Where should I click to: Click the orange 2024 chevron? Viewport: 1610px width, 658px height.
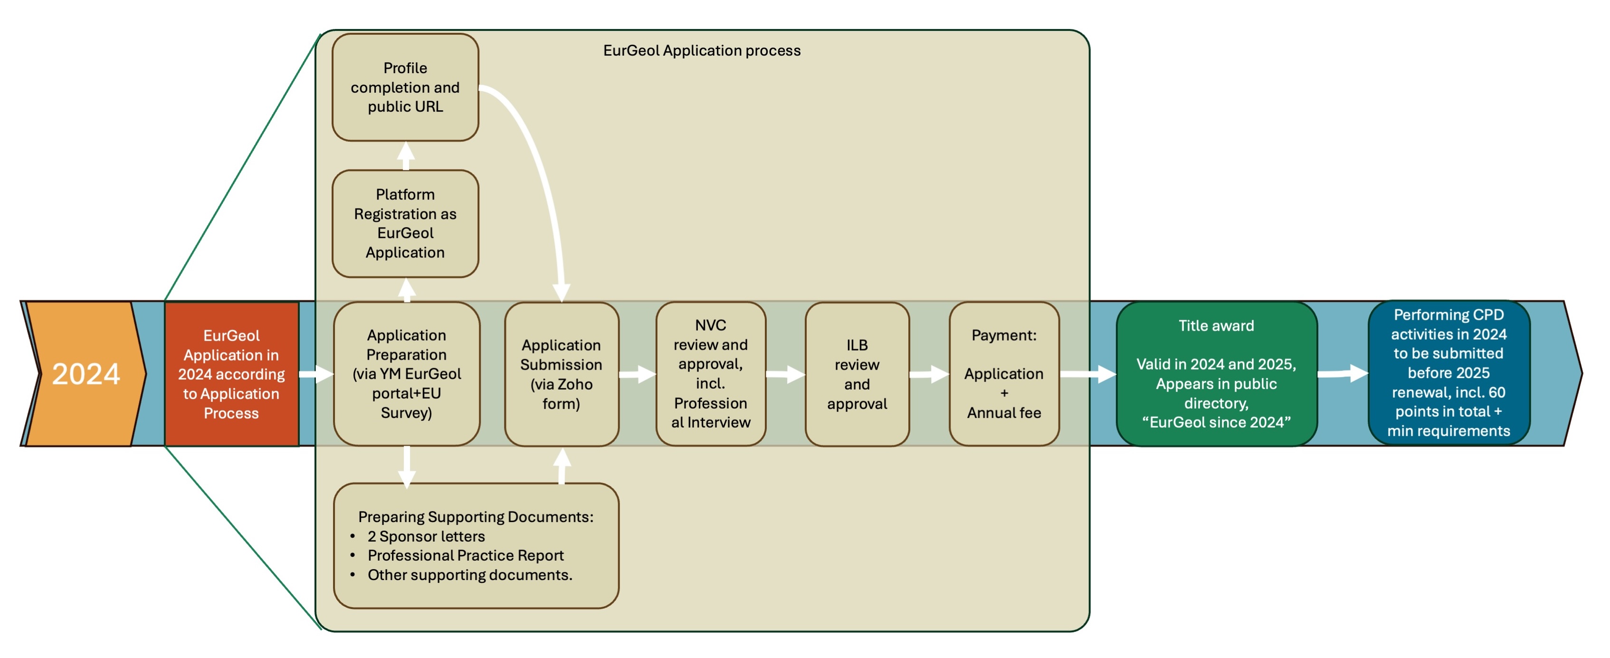(85, 374)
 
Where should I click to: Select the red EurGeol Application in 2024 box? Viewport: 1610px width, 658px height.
(231, 374)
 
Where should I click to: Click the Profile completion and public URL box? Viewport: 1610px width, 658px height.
(405, 87)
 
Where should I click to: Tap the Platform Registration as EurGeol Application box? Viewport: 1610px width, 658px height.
(405, 223)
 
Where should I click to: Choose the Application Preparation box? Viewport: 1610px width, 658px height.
(406, 374)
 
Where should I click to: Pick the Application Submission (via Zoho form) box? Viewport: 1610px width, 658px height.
(561, 374)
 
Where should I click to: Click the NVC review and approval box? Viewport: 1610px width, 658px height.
(711, 374)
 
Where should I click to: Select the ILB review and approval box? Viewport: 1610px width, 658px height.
(857, 374)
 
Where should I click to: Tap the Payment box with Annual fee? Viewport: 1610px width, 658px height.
(1004, 374)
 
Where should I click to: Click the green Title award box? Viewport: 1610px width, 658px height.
(1216, 374)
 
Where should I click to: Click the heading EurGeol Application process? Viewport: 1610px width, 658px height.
(701, 51)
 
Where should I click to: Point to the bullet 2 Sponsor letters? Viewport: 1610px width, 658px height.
(426, 536)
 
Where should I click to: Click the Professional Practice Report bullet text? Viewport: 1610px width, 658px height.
(465, 555)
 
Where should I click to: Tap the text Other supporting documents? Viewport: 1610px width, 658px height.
(469, 575)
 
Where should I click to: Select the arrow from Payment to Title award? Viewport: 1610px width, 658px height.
(1087, 374)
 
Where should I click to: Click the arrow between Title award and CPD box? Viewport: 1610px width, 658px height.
(1343, 374)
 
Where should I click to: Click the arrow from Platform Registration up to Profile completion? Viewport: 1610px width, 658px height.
(406, 156)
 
